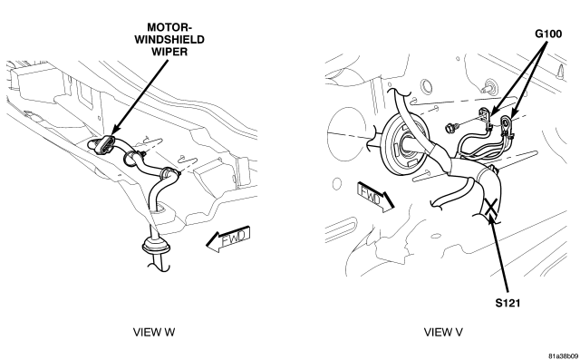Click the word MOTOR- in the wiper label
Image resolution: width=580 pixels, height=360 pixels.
[x=169, y=27]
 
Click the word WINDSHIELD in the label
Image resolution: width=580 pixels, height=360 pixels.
[x=169, y=40]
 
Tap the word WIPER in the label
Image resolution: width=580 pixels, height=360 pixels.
[x=169, y=52]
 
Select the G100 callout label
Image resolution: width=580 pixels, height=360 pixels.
[x=548, y=34]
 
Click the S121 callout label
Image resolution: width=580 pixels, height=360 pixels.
[x=507, y=303]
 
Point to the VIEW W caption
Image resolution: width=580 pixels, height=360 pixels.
[x=154, y=332]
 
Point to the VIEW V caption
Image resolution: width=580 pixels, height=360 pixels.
[x=443, y=332]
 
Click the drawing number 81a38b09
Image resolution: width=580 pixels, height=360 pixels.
[x=564, y=356]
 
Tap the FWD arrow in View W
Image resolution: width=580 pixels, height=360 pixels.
[x=227, y=239]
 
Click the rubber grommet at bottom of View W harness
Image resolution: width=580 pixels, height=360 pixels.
[x=155, y=246]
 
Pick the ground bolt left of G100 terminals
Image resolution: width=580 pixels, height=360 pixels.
[x=450, y=129]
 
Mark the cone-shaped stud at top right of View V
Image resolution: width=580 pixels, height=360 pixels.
[x=561, y=72]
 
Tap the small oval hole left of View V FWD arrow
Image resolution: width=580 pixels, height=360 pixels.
[x=336, y=184]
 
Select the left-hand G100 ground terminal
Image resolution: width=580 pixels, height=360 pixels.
[x=484, y=113]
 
